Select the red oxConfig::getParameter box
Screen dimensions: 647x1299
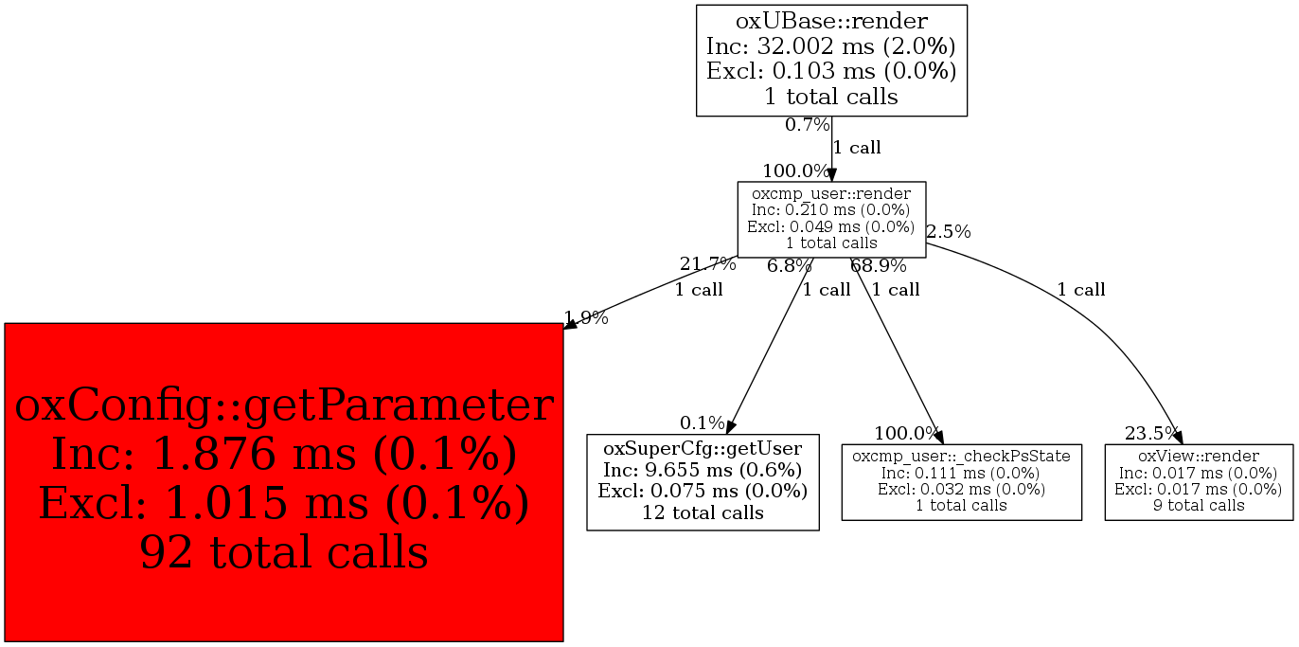(x=284, y=481)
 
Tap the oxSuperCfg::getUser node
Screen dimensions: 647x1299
(x=703, y=482)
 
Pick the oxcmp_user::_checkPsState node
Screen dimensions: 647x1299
(x=961, y=480)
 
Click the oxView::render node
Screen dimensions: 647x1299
(x=1198, y=480)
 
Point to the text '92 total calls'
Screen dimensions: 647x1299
(x=284, y=551)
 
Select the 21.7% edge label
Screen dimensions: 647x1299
(x=707, y=264)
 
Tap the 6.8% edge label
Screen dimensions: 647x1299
(x=790, y=265)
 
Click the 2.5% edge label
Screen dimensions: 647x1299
(x=948, y=231)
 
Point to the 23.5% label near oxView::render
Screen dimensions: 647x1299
(x=1151, y=434)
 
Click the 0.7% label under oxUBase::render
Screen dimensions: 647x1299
(x=807, y=124)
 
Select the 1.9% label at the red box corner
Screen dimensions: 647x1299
(x=586, y=318)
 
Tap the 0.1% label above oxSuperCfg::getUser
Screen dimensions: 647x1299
(x=702, y=422)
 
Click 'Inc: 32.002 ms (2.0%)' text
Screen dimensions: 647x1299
(x=831, y=45)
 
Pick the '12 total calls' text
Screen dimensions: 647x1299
(x=703, y=512)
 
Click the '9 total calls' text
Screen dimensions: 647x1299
(x=1198, y=505)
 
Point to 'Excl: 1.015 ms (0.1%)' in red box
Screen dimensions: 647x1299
(x=284, y=503)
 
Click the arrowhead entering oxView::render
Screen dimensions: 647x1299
(x=1177, y=437)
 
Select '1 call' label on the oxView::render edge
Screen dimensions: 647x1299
(x=1081, y=290)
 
